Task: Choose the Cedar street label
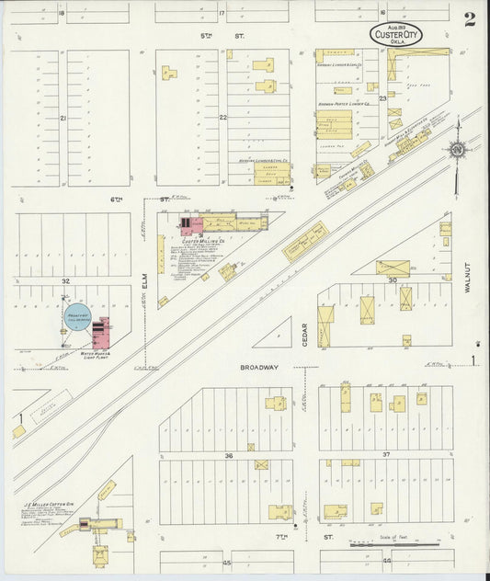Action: click(x=304, y=334)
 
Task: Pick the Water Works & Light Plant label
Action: click(x=96, y=354)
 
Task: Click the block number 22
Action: click(x=222, y=118)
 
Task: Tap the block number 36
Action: click(x=227, y=455)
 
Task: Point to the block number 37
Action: click(x=386, y=455)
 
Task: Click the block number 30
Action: click(x=393, y=279)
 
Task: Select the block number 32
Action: click(x=65, y=279)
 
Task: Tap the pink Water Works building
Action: click(x=100, y=332)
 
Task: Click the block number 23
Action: click(x=382, y=97)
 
